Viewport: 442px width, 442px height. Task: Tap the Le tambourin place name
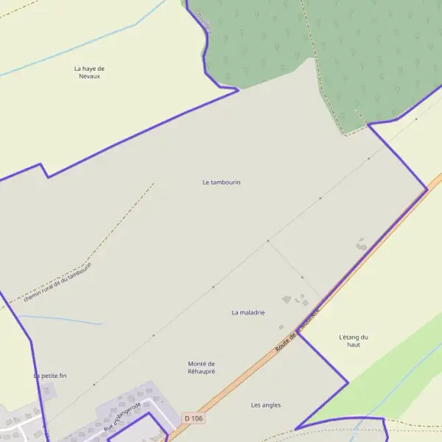click(222, 182)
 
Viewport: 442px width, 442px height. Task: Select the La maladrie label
click(248, 312)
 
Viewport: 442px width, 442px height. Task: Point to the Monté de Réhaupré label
click(201, 368)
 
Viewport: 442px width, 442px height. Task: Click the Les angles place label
click(266, 404)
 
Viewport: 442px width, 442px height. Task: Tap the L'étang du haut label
click(354, 341)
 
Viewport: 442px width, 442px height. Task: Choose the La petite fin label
click(50, 376)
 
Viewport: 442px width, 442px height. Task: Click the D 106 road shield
click(194, 418)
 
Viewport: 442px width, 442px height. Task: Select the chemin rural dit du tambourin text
click(57, 281)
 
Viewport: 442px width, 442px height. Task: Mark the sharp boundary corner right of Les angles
click(347, 383)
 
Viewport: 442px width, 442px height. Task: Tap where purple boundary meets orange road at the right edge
click(427, 189)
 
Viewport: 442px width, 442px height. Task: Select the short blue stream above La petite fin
click(63, 320)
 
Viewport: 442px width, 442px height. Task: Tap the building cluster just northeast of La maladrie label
click(295, 300)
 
